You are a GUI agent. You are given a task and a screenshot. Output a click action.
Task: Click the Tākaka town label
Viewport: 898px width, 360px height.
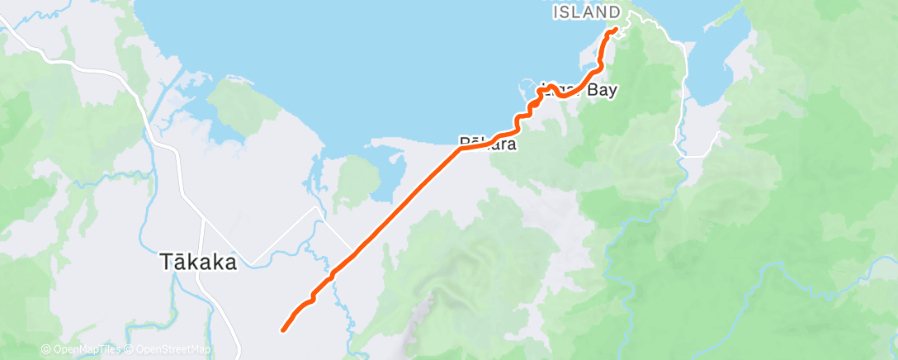coord(197,263)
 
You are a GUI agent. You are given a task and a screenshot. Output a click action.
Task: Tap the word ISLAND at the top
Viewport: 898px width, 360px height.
coord(586,12)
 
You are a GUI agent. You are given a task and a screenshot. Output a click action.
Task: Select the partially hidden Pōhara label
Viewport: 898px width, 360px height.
coord(489,144)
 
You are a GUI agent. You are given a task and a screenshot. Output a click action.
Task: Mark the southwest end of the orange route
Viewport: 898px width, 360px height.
coord(283,330)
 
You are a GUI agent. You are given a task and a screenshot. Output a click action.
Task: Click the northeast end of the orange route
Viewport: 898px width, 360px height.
coord(615,31)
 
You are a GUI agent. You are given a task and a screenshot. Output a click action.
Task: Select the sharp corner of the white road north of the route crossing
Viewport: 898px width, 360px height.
coord(317,208)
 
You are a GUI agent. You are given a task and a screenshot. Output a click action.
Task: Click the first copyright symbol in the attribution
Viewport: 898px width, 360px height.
coord(46,350)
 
